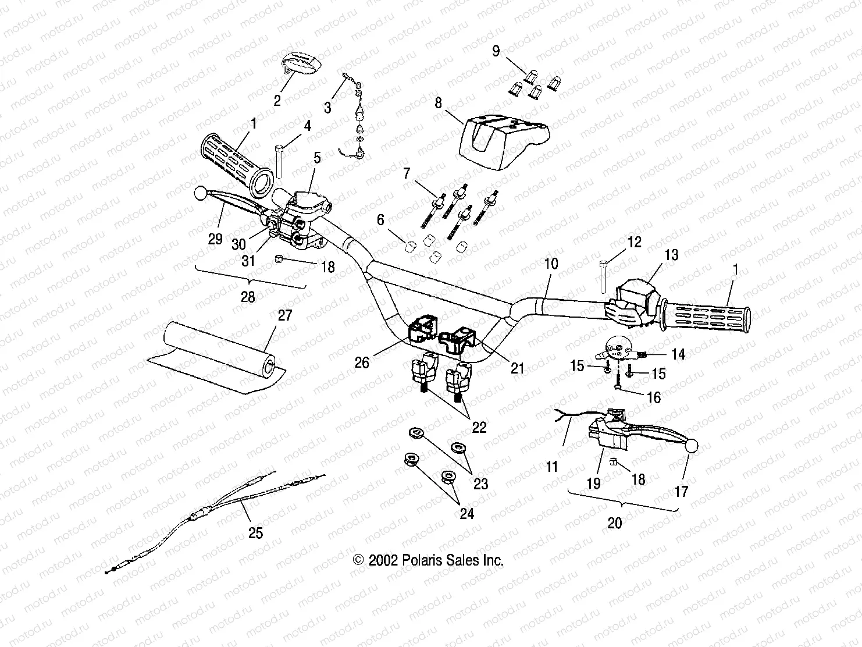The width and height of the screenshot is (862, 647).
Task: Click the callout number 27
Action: tap(285, 315)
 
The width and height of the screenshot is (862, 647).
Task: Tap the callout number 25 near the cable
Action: tap(256, 533)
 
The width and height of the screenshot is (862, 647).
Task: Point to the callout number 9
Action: tap(496, 51)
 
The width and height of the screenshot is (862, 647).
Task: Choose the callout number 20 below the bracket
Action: tap(614, 523)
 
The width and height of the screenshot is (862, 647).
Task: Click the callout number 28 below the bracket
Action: tap(248, 297)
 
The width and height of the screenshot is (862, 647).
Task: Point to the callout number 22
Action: tap(479, 428)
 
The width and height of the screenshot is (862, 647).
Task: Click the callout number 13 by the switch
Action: tap(671, 255)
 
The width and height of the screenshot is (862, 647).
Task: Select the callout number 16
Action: tap(654, 397)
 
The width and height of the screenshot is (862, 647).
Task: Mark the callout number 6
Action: tap(380, 220)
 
